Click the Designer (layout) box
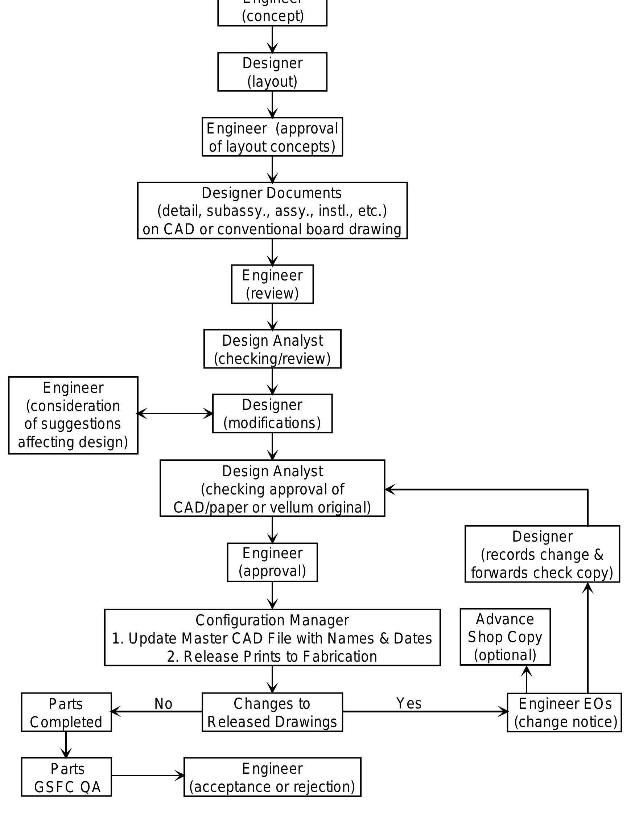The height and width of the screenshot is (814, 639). [x=272, y=72]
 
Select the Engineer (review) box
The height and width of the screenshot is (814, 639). [x=272, y=284]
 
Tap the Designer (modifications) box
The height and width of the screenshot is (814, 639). [x=272, y=414]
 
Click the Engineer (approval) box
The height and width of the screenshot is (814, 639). [x=272, y=562]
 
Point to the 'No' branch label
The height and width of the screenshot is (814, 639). [x=163, y=704]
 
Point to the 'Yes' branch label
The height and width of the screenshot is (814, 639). [x=409, y=704]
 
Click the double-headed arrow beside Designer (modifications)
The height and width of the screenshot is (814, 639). [x=175, y=414]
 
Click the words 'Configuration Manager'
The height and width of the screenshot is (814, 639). [x=272, y=621]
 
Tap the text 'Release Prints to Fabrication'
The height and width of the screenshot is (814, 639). [x=280, y=657]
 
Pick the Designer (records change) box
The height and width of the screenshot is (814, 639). [x=542, y=554]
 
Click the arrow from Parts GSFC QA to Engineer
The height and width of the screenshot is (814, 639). [x=148, y=776]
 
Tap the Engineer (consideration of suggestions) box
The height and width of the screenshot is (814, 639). [x=73, y=415]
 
